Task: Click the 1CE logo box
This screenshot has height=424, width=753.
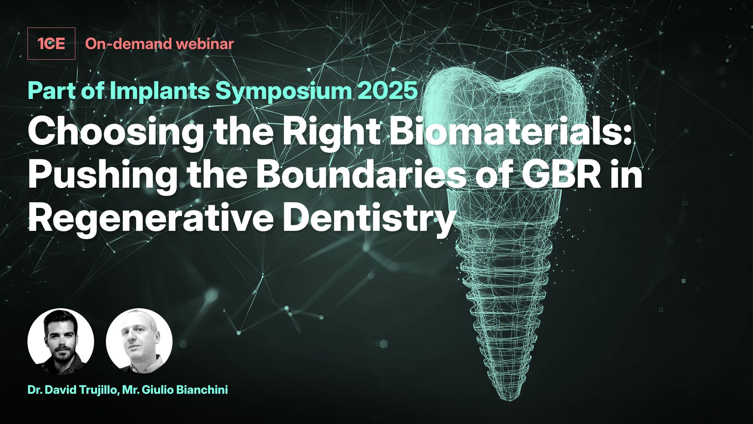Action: click(x=51, y=44)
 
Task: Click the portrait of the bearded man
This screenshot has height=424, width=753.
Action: click(x=61, y=342)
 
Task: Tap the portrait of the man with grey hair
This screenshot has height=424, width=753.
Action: click(x=139, y=342)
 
